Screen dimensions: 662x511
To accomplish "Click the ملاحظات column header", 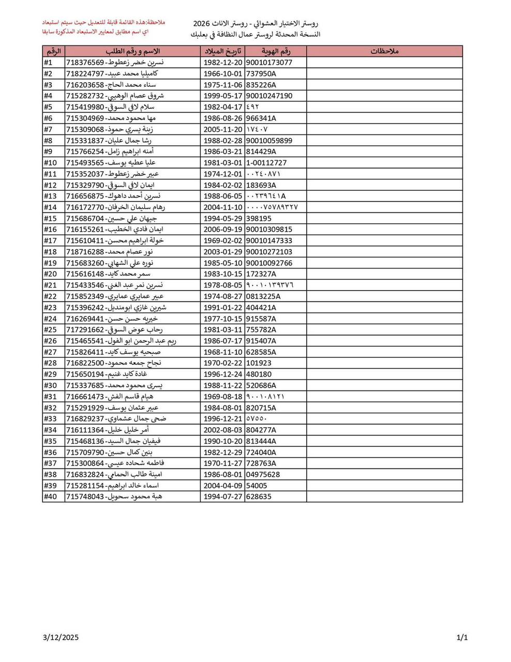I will [384, 51].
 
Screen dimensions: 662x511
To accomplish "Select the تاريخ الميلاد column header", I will [222, 51].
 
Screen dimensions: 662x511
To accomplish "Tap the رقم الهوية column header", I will [275, 51].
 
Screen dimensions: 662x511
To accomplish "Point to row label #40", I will [50, 496].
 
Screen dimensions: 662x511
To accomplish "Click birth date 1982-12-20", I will [222, 63].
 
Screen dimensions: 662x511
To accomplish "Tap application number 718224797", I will [85, 73].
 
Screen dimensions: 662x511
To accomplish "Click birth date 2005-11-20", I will [222, 129].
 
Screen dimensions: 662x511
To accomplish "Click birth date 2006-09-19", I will [222, 230].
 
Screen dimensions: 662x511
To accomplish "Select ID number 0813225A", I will [263, 296].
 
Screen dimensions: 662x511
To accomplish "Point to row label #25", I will [50, 329].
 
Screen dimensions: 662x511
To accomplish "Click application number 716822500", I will [85, 363].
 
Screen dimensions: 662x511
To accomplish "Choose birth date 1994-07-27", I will [222, 496].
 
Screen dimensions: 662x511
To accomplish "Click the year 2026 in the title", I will [202, 24].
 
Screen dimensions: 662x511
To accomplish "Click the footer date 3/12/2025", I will [61, 638].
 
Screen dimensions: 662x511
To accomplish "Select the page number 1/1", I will [462, 638].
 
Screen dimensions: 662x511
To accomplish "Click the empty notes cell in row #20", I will [384, 274].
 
